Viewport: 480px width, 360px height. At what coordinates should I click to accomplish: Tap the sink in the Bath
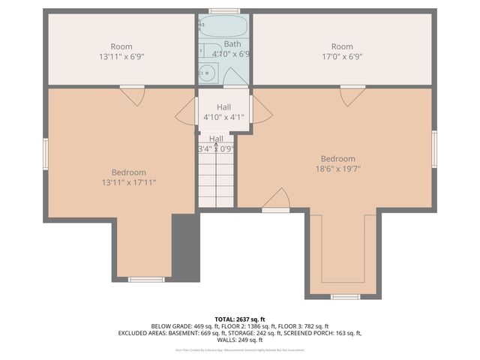click(x=208, y=73)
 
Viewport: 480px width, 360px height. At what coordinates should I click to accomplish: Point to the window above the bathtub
click(x=224, y=11)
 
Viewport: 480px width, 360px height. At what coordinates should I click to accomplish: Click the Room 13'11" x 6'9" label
click(x=121, y=52)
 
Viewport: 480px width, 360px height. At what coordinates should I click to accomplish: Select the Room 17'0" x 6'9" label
click(x=342, y=52)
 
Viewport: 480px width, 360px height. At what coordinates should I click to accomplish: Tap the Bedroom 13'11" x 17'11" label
click(x=124, y=177)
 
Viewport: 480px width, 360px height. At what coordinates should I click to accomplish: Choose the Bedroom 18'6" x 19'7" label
click(x=338, y=163)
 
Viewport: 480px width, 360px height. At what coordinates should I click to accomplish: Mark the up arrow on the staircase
click(x=216, y=146)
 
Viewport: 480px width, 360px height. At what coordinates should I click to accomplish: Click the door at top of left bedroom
click(x=133, y=95)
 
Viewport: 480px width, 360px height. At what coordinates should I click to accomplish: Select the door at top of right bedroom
click(x=352, y=95)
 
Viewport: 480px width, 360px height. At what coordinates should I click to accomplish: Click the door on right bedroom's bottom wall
click(x=276, y=200)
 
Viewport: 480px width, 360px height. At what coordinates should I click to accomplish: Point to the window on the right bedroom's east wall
click(x=433, y=149)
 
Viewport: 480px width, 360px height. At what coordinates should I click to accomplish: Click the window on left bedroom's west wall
click(x=45, y=154)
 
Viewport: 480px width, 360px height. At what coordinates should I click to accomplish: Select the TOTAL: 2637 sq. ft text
click(x=239, y=319)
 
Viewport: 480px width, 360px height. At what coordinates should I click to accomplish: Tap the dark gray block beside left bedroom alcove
click(x=186, y=247)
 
